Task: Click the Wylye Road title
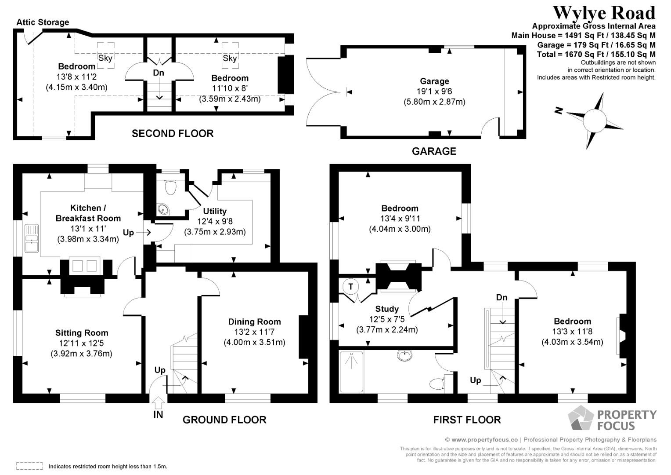pos(604,14)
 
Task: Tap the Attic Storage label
pos(43,22)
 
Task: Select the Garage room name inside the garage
pos(434,81)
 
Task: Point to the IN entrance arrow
pos(158,402)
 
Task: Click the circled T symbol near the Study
pos(351,287)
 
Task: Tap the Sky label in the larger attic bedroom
pos(105,58)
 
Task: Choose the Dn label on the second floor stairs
pos(159,73)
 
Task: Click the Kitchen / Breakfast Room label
pos(88,213)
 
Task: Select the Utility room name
pos(215,211)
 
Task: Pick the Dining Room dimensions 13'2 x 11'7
pos(255,332)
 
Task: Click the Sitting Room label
pos(82,333)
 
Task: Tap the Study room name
pos(387,309)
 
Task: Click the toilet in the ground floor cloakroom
pos(170,186)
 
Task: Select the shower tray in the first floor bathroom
pos(351,372)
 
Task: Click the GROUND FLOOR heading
pos(224,420)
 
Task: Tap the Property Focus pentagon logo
pos(581,418)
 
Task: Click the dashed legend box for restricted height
pos(30,466)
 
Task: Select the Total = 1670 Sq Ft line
pos(596,54)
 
